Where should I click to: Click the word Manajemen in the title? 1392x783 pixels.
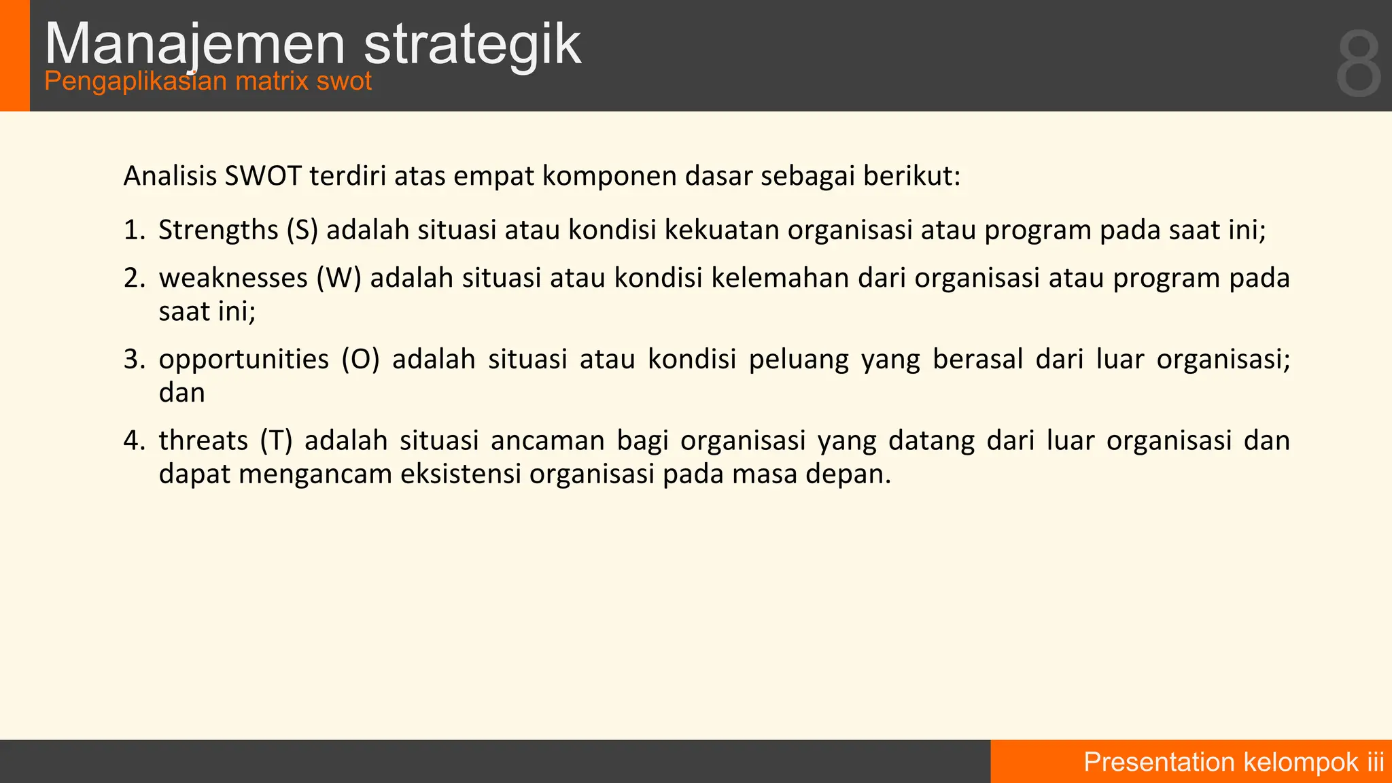pos(195,45)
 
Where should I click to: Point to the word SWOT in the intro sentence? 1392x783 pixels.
pos(263,176)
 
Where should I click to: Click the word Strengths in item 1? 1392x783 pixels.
pos(218,230)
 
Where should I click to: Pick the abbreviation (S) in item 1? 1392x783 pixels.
pos(302,230)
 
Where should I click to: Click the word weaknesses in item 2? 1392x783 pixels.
pos(233,279)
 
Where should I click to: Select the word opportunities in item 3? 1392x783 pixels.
pos(243,360)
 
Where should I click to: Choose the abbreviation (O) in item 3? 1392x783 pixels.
pos(360,360)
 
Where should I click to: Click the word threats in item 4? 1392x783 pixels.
pos(203,440)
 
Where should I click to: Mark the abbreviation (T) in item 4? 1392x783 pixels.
pos(276,440)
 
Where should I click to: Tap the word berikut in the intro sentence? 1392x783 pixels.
pos(911,176)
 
